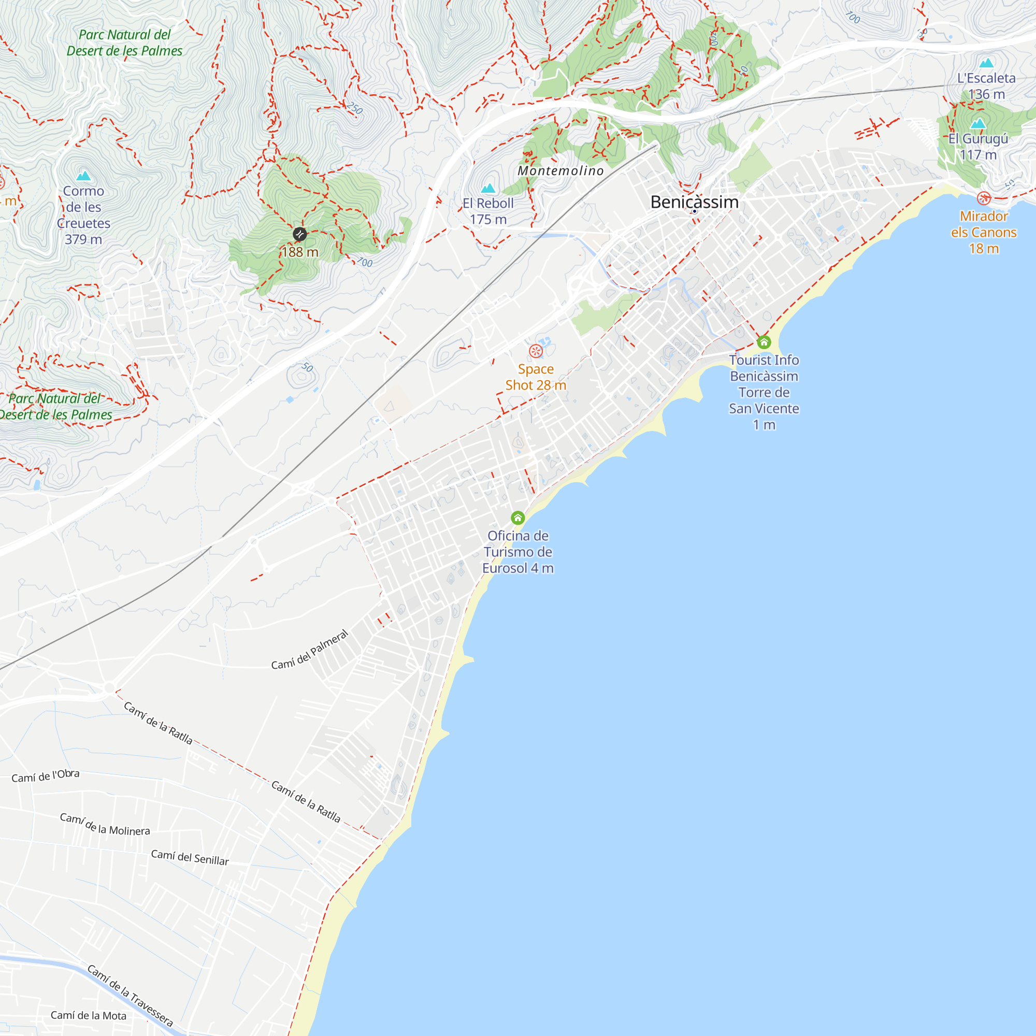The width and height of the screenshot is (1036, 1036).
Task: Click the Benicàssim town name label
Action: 695,202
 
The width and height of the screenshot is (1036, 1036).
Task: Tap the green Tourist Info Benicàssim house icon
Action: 764,341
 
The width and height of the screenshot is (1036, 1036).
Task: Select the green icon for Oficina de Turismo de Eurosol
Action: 517,517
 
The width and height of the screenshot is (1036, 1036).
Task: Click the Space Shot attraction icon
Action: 536,351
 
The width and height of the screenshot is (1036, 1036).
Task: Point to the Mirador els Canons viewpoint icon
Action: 984,198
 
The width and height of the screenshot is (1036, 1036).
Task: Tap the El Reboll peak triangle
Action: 488,188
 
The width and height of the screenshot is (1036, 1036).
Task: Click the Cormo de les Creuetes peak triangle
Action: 83,176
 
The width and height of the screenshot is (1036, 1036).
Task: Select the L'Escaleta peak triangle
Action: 986,63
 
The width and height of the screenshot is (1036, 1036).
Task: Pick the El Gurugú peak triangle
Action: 978,124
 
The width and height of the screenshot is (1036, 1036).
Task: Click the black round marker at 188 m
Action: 300,234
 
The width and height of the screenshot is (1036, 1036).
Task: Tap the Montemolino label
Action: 560,171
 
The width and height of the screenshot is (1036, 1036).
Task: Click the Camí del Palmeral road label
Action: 310,650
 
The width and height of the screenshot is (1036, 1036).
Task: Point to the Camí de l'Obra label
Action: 46,776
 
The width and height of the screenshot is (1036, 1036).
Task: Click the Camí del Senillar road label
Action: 190,857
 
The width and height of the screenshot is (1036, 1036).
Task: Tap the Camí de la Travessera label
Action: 131,996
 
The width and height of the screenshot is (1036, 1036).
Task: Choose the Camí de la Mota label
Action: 89,1016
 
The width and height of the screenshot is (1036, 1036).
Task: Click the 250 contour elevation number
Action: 354,108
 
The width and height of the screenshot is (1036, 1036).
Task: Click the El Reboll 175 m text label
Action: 488,211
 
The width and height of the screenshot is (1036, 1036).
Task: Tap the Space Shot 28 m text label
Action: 536,377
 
